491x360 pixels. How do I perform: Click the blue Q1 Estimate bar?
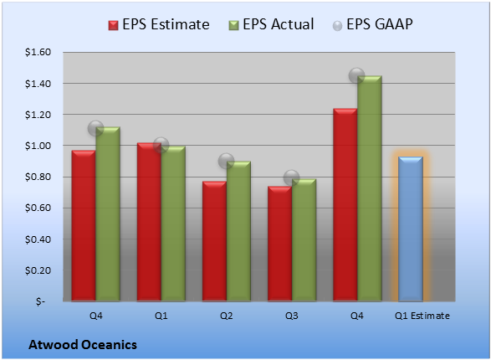coord(411,229)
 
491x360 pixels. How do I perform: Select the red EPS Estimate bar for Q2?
coord(214,241)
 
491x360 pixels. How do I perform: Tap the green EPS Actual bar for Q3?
coord(304,240)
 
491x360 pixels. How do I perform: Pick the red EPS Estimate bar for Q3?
coord(280,244)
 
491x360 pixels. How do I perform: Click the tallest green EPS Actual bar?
coord(370,188)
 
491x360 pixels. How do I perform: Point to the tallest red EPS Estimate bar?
coord(345,205)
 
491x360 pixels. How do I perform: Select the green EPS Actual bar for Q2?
coord(238,231)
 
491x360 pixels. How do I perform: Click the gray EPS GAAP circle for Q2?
coord(226,161)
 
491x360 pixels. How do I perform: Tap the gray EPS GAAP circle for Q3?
coord(292,178)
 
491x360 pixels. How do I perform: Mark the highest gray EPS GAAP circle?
coord(356,75)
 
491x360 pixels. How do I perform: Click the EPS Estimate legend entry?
coord(159,24)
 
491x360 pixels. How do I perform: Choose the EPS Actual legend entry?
coord(271,24)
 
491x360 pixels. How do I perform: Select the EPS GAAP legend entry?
coord(372,24)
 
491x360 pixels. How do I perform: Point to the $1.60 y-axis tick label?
coord(38,52)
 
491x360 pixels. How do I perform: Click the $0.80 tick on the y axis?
coord(38,177)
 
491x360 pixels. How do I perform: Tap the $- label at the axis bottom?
coord(40,301)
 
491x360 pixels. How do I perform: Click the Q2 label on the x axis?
coord(226,316)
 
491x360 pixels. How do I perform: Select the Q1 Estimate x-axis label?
coord(422,316)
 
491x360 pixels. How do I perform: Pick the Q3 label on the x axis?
coord(292,316)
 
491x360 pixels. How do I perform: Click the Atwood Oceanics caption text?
coord(83,345)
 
